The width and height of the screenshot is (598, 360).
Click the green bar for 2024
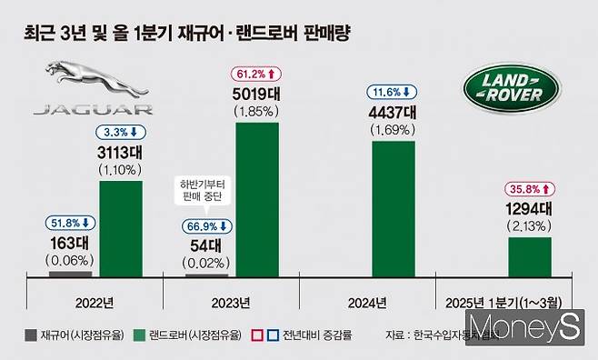(394, 208)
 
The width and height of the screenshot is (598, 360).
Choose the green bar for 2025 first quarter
(529, 255)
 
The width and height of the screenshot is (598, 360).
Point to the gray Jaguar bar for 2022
(70, 272)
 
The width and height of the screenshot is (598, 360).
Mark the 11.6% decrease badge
(393, 92)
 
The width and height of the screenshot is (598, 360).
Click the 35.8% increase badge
(529, 190)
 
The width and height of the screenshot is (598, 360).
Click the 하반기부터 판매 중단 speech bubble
(206, 190)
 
